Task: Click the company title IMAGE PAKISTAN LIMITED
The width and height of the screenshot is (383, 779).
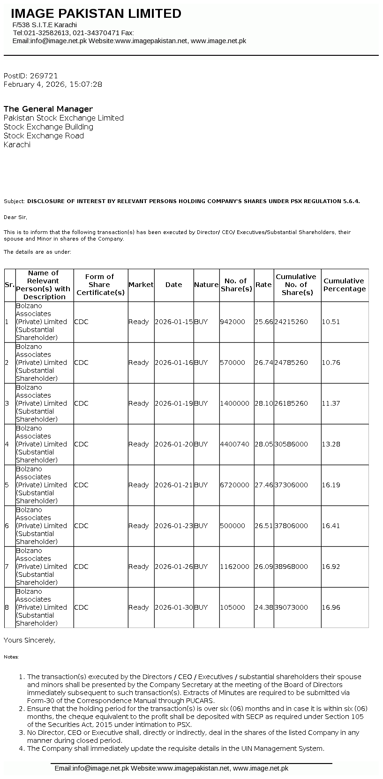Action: tap(96, 14)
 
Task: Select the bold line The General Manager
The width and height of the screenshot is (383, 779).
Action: tap(48, 109)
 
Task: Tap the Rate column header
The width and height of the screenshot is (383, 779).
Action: tap(263, 285)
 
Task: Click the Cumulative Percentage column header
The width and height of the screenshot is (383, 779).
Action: tap(344, 285)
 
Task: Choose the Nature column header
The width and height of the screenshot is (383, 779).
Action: tap(206, 285)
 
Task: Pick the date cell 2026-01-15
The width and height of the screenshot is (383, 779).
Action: tap(173, 322)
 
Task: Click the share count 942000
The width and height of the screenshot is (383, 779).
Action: tap(233, 322)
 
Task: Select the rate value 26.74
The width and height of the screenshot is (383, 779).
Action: tap(263, 363)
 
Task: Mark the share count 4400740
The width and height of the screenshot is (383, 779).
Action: tap(234, 444)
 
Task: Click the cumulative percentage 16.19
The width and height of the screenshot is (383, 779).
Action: tap(331, 485)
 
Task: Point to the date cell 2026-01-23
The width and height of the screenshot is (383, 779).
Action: tap(173, 526)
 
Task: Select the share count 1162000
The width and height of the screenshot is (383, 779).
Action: tap(234, 567)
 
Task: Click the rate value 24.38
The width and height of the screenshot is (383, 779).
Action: tap(263, 607)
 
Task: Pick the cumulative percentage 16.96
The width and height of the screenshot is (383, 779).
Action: tap(331, 607)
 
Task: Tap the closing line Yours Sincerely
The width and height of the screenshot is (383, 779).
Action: tap(29, 640)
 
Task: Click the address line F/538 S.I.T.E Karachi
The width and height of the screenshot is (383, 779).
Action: tap(45, 25)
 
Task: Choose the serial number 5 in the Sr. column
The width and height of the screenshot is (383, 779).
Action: tap(7, 485)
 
